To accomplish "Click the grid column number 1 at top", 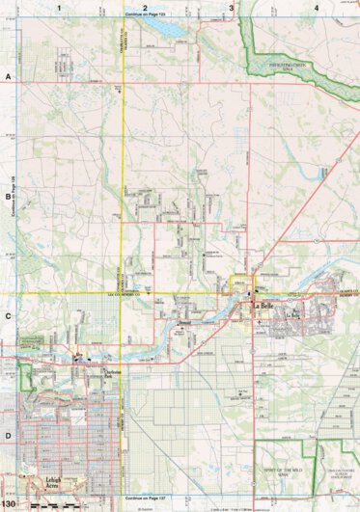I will coord(59,8).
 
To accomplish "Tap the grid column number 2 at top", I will coord(145,8).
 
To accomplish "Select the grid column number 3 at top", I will coord(231,8).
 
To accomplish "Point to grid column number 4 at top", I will coord(317,8).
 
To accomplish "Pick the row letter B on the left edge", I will coord(8,193).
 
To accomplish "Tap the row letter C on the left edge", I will coord(8,314).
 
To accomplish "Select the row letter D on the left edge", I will coord(8,434).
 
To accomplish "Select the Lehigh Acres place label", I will coord(56,479).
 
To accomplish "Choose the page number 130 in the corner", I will coord(10,503).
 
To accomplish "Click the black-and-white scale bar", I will coord(50,503).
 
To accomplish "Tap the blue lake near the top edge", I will coord(171,29).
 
